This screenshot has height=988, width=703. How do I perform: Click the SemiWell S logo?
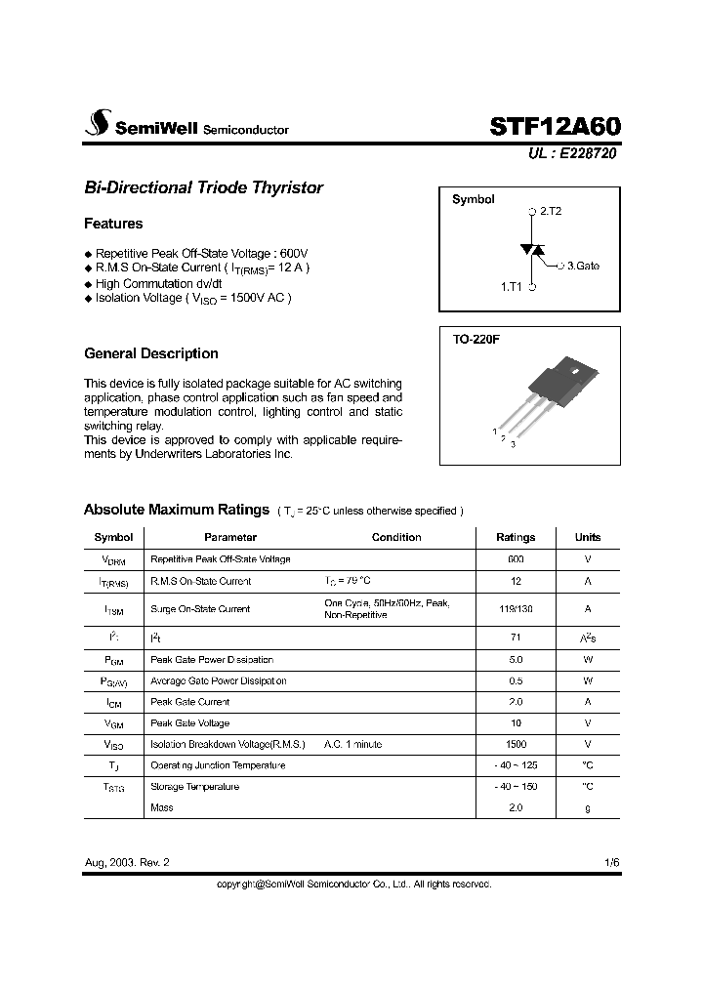tap(98, 125)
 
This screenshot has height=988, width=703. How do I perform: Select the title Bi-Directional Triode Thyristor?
tap(203, 187)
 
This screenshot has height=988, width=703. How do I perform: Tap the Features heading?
tap(113, 224)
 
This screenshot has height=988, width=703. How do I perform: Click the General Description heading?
tap(151, 353)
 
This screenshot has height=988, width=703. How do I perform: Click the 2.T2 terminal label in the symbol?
tap(551, 211)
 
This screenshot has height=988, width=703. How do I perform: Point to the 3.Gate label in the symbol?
tap(583, 265)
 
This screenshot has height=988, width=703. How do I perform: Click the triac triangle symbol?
tap(533, 250)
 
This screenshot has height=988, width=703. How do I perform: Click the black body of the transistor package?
tap(558, 376)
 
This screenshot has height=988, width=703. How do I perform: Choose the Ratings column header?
tap(516, 537)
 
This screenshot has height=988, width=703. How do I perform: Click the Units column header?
tap(588, 537)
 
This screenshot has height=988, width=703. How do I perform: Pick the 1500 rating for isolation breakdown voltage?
tap(516, 745)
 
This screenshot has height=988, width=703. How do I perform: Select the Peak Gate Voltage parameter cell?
tap(190, 723)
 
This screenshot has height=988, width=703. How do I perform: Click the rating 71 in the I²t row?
tap(516, 637)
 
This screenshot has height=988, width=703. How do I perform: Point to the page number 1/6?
tap(611, 863)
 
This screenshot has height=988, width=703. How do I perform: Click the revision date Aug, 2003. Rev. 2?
tap(133, 863)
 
